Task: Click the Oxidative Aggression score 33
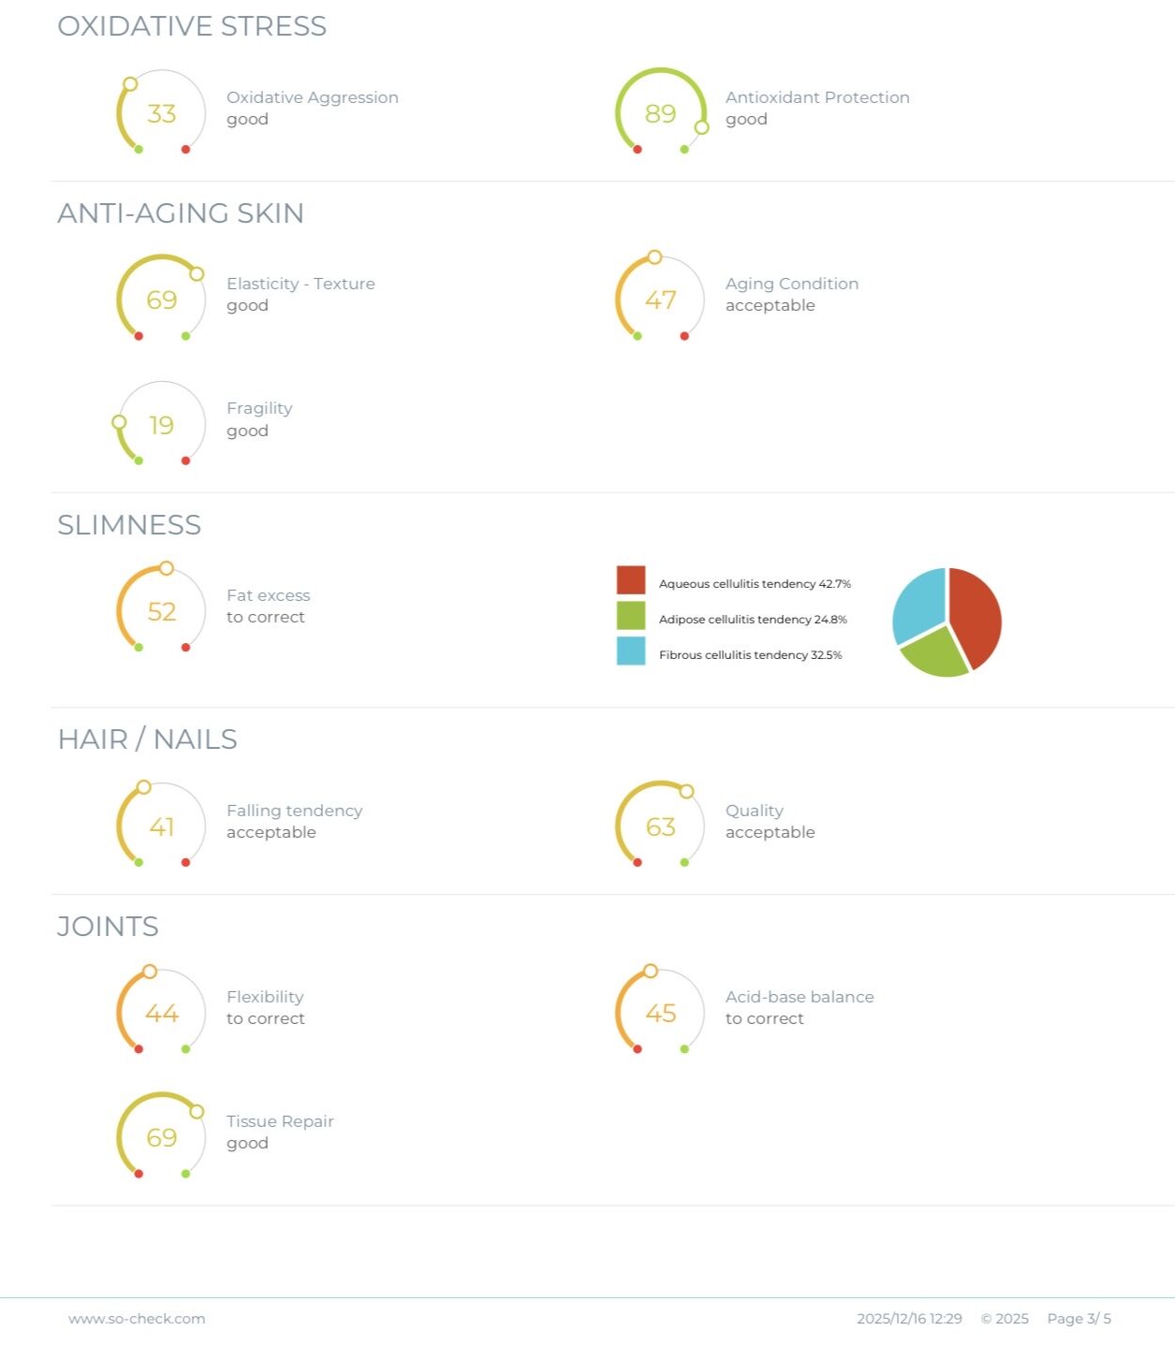click(161, 113)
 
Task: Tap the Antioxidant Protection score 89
click(660, 113)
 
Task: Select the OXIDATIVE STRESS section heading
click(192, 26)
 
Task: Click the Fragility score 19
click(161, 425)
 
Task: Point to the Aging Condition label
click(791, 284)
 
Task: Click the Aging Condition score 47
click(660, 300)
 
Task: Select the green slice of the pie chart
click(934, 651)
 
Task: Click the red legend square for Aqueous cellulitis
click(631, 580)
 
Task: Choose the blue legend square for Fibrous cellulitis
click(631, 651)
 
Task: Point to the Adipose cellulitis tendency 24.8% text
click(753, 620)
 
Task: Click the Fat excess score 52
click(161, 611)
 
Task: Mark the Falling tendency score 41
click(161, 826)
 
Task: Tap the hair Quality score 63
click(660, 826)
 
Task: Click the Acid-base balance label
click(800, 997)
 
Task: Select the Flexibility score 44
click(161, 1013)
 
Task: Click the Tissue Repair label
click(280, 1121)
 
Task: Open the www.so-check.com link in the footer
click(137, 1319)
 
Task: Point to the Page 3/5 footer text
click(1079, 1319)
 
